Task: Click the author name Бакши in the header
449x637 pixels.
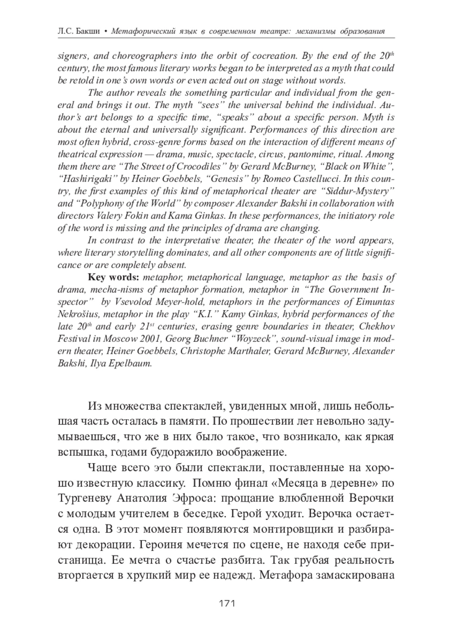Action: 88,31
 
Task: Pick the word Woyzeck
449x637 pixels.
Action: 255,339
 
